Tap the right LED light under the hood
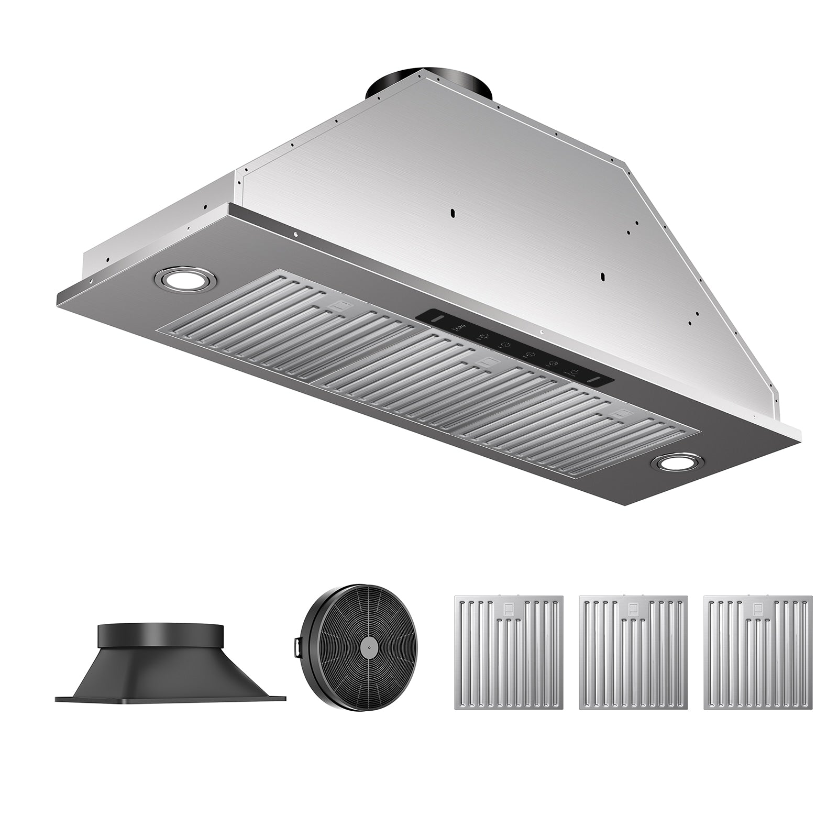[677, 462]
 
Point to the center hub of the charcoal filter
[369, 648]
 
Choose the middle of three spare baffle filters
[634, 652]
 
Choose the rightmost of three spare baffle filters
[758, 652]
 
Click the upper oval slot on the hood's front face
[452, 213]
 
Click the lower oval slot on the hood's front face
[603, 277]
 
